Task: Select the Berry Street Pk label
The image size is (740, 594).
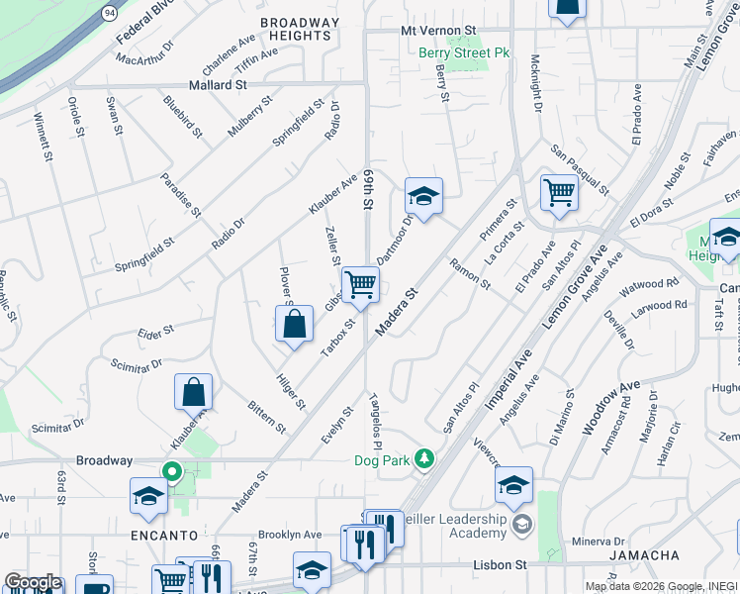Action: click(x=463, y=52)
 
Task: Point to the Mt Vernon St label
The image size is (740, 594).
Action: click(x=438, y=31)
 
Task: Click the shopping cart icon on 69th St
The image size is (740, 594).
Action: click(x=361, y=285)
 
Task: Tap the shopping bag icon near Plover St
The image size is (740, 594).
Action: click(x=295, y=324)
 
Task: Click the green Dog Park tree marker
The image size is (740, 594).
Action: click(x=424, y=458)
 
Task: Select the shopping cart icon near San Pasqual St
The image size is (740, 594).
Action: click(x=559, y=192)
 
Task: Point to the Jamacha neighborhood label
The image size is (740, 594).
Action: click(x=644, y=555)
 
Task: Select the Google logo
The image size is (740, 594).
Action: click(x=33, y=582)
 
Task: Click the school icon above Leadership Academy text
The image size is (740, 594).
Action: click(x=513, y=485)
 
